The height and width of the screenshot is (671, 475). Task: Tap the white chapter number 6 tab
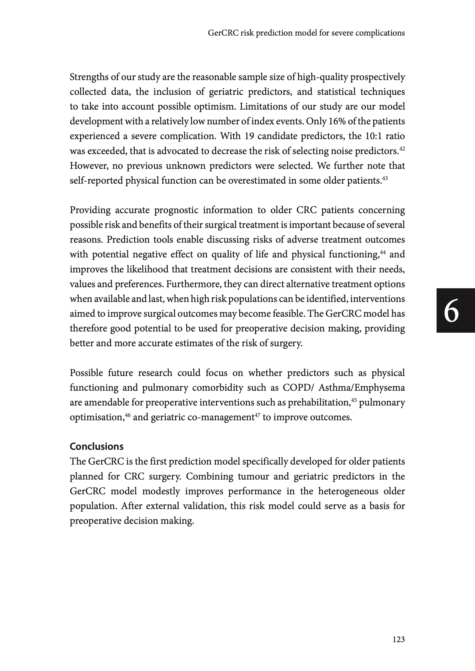(x=451, y=311)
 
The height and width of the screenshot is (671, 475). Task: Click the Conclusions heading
(x=97, y=446)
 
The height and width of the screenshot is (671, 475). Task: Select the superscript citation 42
(x=402, y=149)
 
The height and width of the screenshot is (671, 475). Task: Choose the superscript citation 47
(x=257, y=415)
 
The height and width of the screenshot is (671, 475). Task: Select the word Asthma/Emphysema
(x=361, y=388)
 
